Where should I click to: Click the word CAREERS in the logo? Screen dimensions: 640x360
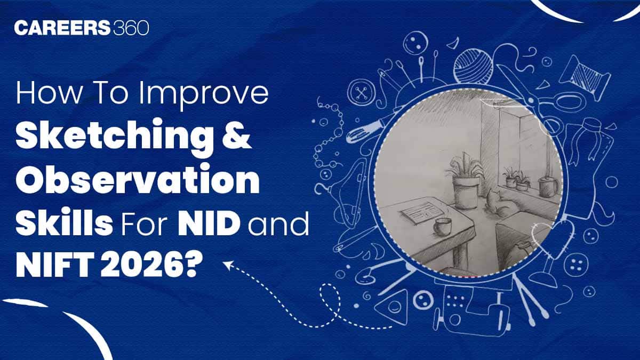pos(62,28)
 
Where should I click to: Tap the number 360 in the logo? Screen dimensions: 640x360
pos(131,28)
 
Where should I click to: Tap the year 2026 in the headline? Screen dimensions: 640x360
pos(142,266)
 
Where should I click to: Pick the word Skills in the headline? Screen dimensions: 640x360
pos(64,221)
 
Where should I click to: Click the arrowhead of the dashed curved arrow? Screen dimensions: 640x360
pos(228,265)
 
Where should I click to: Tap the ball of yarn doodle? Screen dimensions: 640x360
pos(473,67)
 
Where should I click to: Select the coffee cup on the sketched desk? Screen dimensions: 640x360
pos(442,227)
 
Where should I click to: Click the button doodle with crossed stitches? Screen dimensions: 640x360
pos(362,93)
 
